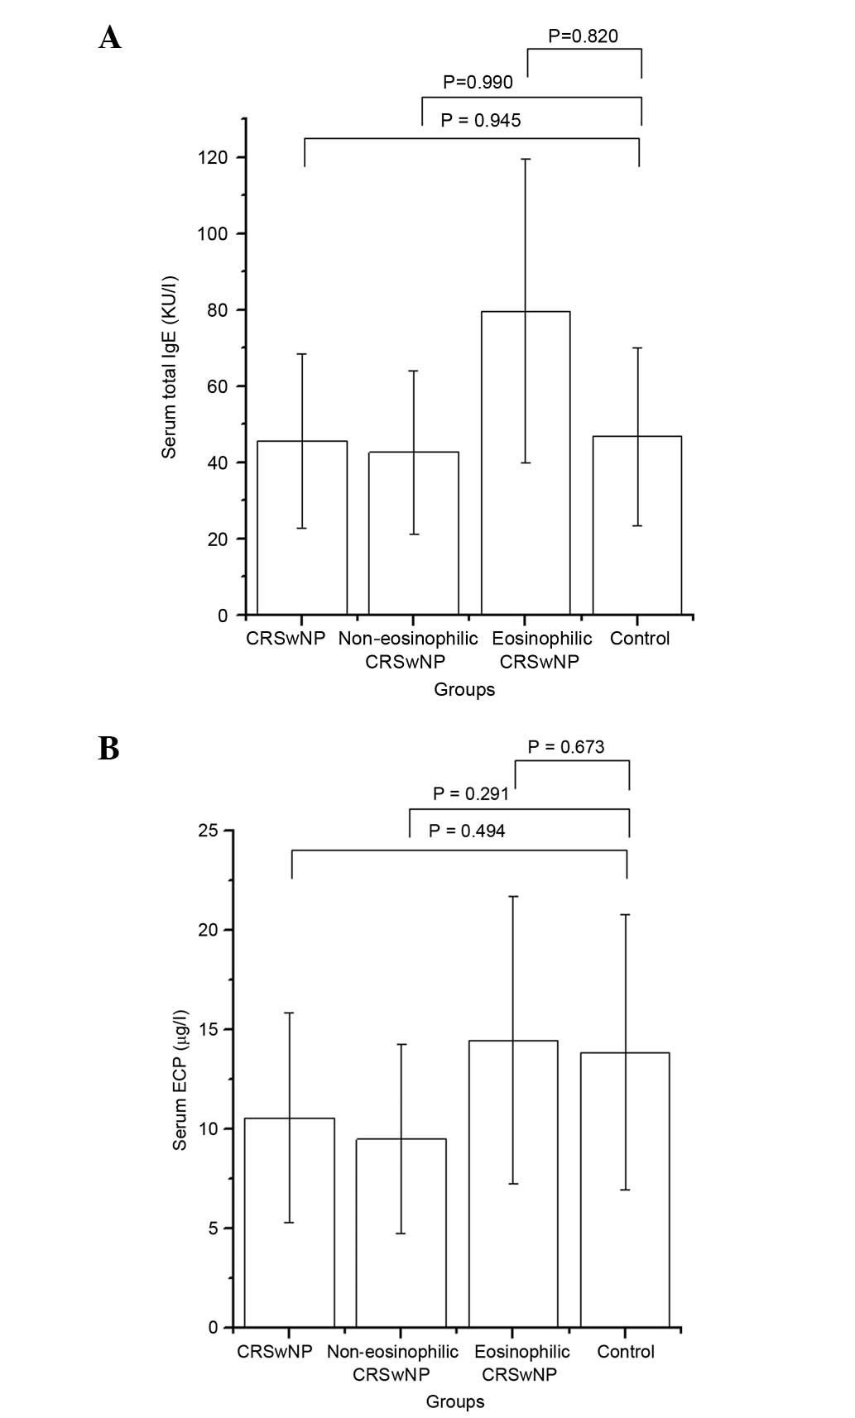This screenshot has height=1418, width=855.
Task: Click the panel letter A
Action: click(x=109, y=37)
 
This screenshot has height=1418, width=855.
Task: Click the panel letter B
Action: click(x=108, y=748)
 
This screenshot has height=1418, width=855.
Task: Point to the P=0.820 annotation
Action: click(x=583, y=36)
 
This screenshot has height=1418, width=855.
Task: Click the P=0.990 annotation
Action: click(x=478, y=82)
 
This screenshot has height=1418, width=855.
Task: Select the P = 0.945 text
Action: click(x=481, y=121)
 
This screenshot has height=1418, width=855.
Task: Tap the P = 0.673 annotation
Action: click(x=566, y=747)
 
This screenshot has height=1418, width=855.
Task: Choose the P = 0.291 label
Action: click(x=471, y=793)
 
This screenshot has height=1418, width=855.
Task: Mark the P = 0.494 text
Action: click(x=467, y=831)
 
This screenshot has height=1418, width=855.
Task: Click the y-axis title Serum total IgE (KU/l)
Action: click(x=169, y=366)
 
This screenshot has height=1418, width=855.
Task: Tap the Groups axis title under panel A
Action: click(x=464, y=689)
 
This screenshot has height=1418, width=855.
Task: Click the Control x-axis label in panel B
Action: click(x=626, y=1351)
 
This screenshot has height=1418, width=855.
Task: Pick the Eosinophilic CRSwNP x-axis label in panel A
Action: click(x=541, y=649)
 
